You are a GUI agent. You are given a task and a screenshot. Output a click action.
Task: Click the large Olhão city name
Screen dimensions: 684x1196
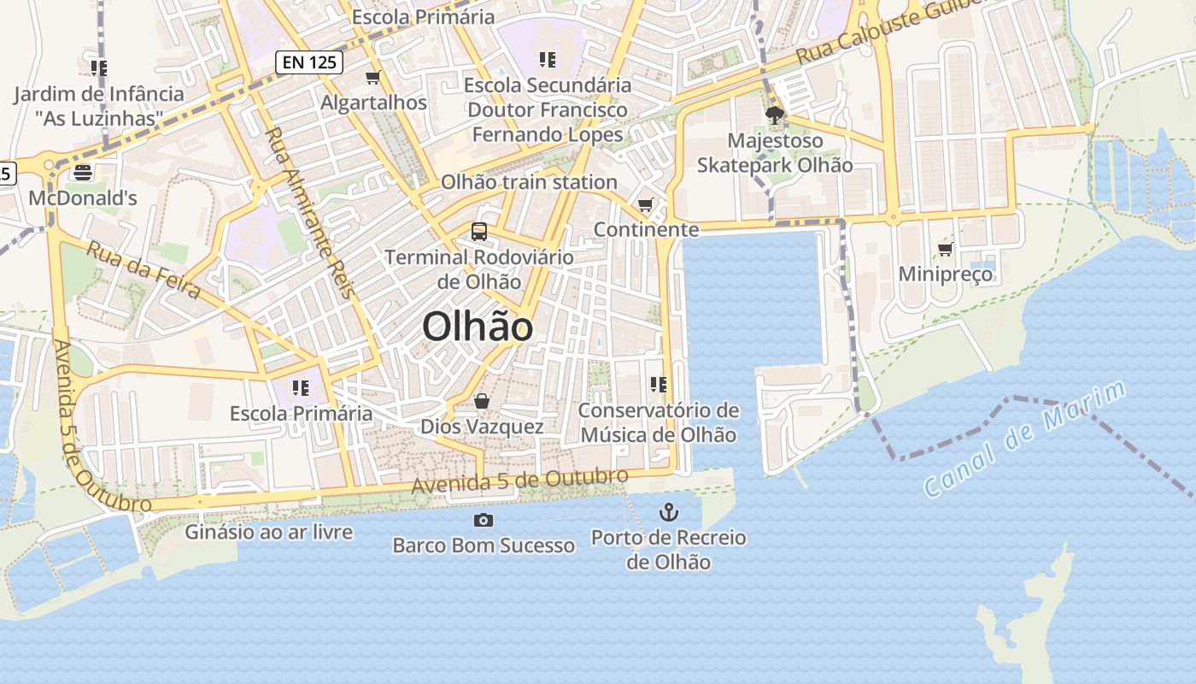[x=478, y=327]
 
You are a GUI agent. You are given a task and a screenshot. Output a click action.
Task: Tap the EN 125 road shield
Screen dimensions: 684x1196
[x=309, y=62]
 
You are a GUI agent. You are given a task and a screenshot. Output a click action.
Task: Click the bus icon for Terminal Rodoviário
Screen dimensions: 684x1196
[x=479, y=231]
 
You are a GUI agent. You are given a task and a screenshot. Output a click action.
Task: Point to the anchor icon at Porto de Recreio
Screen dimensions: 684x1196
[x=669, y=513]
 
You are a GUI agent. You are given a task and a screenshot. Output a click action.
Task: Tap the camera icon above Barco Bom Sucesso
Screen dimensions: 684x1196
[x=484, y=520]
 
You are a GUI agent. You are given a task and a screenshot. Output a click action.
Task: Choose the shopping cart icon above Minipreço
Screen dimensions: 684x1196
[x=945, y=249]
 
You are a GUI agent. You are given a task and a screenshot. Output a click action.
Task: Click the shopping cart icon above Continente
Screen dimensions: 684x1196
[x=646, y=204]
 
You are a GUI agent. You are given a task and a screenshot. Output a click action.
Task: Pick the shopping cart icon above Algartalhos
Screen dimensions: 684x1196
[x=372, y=78]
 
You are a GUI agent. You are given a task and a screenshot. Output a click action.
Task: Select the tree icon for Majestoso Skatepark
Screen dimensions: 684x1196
[x=775, y=115]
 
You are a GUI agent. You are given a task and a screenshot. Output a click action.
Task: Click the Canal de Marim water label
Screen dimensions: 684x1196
[x=1025, y=439]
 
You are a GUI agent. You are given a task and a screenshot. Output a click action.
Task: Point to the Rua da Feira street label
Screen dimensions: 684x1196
[x=144, y=271]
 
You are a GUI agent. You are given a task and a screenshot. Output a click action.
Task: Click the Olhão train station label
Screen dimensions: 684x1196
[x=529, y=182]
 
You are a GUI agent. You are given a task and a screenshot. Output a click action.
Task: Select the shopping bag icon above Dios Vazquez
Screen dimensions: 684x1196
[x=482, y=401]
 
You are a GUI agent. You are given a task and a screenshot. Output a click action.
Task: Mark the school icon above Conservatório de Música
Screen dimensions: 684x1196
[x=658, y=385]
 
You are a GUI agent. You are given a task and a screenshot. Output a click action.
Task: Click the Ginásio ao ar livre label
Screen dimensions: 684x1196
[x=269, y=532]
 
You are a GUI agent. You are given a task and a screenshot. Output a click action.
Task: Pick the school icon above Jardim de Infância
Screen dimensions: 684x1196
[x=98, y=68]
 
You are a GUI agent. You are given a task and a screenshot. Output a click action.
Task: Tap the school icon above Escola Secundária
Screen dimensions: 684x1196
[x=548, y=60]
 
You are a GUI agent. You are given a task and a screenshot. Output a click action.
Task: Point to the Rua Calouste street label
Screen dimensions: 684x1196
[x=888, y=32]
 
